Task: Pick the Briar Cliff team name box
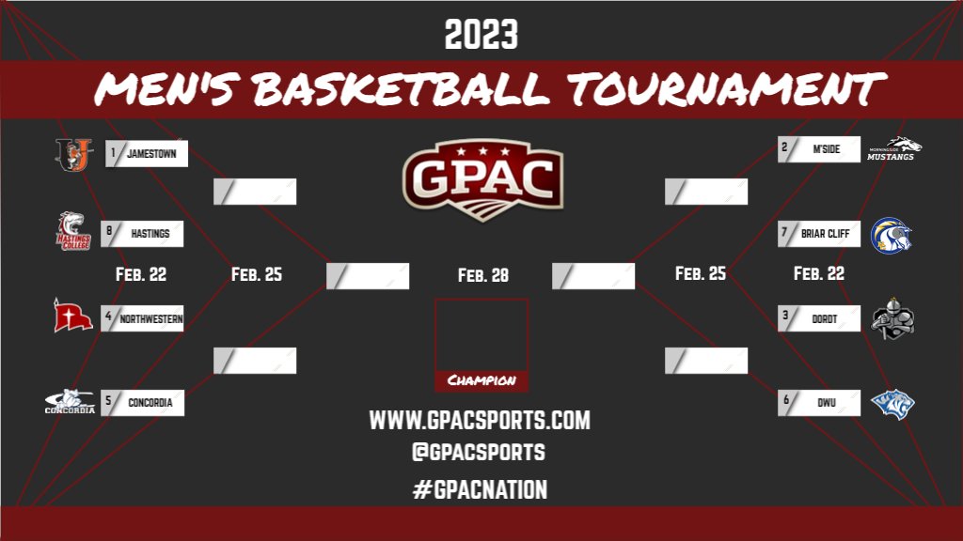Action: [819, 234]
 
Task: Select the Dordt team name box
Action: [819, 319]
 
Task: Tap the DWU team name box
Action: [819, 404]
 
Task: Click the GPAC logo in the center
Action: [482, 178]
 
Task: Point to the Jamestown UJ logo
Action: [73, 155]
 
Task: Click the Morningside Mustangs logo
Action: [892, 149]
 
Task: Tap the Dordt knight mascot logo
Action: [892, 319]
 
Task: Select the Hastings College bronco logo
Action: [73, 231]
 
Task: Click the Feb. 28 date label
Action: [482, 275]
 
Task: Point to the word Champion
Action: [481, 380]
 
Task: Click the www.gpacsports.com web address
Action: [480, 421]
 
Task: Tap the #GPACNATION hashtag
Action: [480, 489]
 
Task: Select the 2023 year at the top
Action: [481, 36]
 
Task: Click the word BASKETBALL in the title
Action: [401, 90]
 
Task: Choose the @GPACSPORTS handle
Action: [478, 452]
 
